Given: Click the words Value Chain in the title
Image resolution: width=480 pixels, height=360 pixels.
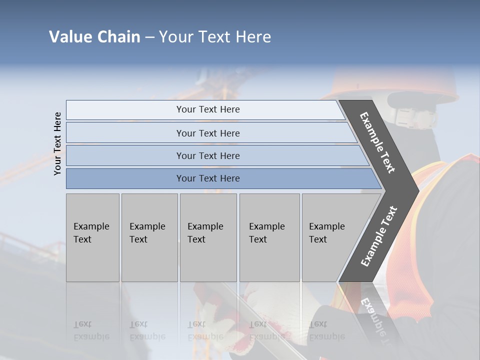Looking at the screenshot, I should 94,37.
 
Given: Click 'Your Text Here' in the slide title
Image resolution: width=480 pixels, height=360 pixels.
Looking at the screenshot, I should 215,37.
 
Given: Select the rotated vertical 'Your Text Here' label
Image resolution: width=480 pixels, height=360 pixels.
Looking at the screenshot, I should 57,143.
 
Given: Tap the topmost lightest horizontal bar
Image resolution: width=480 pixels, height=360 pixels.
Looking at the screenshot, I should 207,109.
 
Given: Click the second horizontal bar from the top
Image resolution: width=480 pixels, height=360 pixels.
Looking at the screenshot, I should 207,133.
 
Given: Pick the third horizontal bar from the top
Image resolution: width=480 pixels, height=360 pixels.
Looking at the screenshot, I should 207,155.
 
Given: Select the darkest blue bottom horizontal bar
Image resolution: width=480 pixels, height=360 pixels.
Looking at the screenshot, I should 207,178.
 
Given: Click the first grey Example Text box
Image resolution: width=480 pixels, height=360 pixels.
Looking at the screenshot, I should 92,237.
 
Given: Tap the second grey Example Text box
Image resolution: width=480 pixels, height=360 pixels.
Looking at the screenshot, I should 149,237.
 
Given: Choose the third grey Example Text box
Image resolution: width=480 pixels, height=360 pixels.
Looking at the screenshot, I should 207,237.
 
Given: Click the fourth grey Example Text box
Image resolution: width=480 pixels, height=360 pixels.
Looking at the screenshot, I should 269,237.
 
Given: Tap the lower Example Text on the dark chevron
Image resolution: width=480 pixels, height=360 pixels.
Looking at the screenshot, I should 379,236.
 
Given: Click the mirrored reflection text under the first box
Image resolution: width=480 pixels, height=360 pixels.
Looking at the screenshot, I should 91,330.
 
